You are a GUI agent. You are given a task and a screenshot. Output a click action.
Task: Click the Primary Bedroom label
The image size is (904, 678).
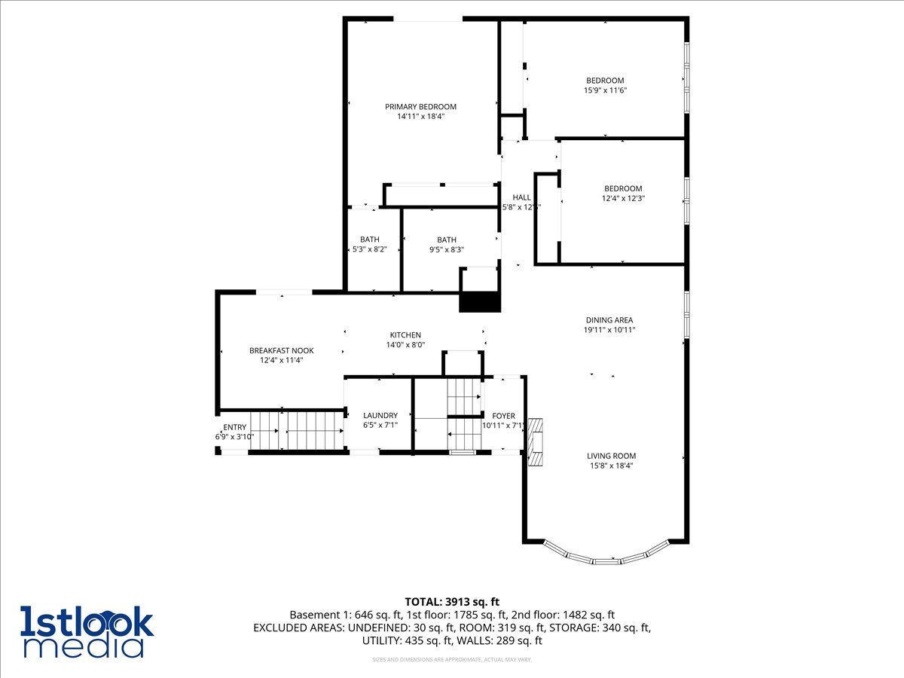tap(420, 107)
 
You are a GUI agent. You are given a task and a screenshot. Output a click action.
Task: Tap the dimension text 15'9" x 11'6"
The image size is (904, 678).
tap(606, 90)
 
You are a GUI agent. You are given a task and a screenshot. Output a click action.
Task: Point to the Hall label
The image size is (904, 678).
tap(521, 197)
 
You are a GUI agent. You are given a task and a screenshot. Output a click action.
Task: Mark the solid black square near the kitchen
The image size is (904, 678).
tap(480, 302)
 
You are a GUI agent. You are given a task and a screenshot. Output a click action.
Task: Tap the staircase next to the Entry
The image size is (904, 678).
tap(298, 430)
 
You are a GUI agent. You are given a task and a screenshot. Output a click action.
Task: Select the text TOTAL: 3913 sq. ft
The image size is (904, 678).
tap(452, 601)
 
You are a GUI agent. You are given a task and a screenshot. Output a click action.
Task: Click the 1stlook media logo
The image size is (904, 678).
tap(87, 631)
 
